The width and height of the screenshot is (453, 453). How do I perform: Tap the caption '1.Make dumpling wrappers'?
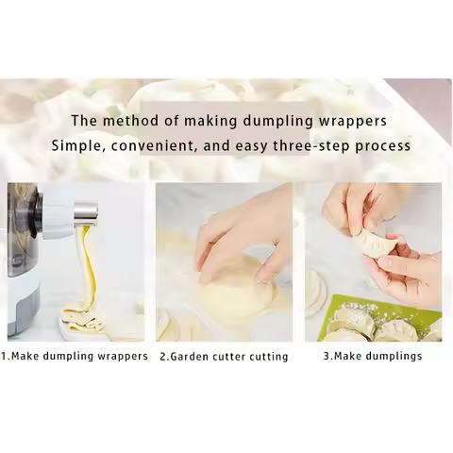click(75, 356)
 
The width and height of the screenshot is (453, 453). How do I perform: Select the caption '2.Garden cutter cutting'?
click(224, 356)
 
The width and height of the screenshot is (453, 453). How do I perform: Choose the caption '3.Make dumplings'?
click(373, 356)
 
